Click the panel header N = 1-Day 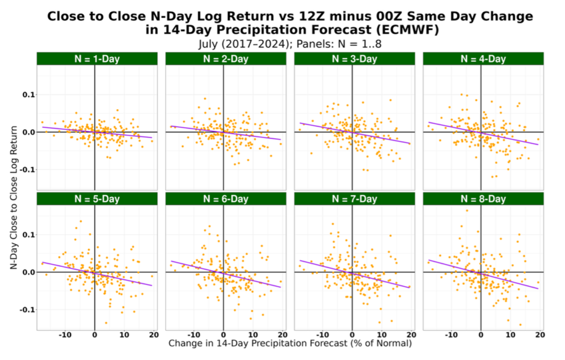94,59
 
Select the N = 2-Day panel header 223,59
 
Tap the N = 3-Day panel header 352,59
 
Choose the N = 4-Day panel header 481,59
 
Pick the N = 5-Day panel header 94,198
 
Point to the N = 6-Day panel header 223,198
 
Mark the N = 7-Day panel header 352,198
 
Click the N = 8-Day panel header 481,198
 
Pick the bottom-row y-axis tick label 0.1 26,235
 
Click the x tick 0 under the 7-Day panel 352,335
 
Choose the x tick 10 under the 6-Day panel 253,335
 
